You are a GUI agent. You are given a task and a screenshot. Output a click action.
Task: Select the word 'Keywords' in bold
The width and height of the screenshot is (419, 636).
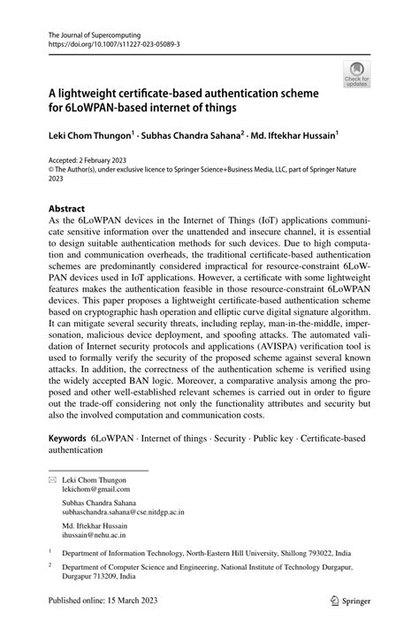[67, 438]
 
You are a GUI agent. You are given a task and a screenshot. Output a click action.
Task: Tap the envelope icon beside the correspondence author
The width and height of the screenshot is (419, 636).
[52, 479]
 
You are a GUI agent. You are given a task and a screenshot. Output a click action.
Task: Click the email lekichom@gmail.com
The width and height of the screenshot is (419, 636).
[95, 488]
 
